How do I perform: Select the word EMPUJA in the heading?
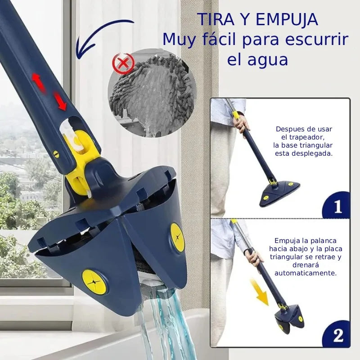pos(287,19)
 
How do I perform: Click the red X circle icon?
pos(123,63)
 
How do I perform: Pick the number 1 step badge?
pos(336,205)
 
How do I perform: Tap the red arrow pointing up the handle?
pos(39,83)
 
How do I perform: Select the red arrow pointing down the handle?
pos(60,101)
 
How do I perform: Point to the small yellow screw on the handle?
pos(56,153)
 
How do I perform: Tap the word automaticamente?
pos(306,273)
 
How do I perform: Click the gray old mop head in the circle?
pos(152,94)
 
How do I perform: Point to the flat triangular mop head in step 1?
pos(279,193)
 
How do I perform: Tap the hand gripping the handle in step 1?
pos(241,123)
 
